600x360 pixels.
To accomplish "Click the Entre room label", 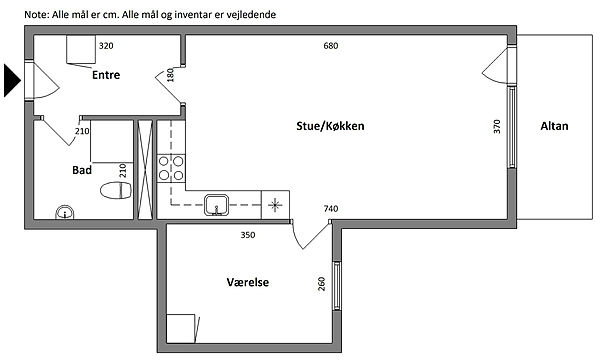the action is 106,75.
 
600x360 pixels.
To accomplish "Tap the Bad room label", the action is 82,170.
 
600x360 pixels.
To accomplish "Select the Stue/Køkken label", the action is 330,126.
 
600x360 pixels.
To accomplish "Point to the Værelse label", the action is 248,282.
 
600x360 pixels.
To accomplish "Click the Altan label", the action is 554,126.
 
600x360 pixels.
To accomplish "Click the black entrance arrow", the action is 12,80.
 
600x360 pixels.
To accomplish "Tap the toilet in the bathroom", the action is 116,190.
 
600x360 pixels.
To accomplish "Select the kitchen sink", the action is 217,205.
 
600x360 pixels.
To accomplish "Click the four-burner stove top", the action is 171,168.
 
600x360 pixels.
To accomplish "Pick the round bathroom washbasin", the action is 65,212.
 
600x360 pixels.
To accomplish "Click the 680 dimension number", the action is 331,46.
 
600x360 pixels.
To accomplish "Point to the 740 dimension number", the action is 331,209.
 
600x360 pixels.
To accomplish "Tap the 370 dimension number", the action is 497,126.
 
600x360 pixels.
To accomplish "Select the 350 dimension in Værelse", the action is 248,235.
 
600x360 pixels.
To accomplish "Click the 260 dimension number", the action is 321,284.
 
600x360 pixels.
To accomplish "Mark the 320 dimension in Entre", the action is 106,46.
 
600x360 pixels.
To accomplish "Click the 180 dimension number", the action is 170,75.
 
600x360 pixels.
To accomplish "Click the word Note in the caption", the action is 36,15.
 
